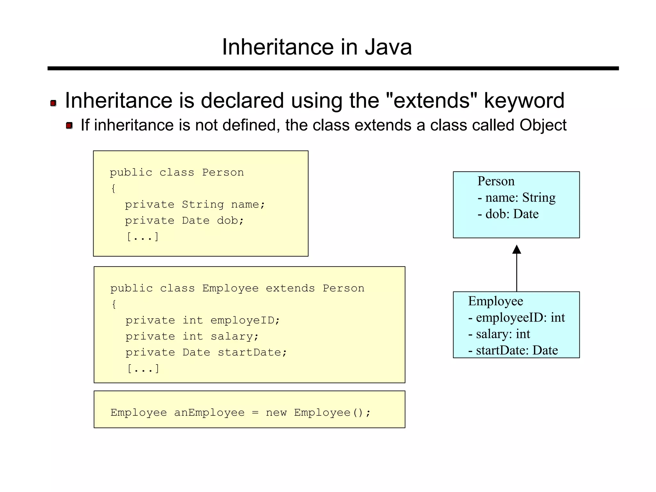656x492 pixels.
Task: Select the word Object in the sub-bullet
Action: pos(543,125)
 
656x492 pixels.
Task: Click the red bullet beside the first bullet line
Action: pos(53,103)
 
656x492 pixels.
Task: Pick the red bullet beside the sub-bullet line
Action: pos(69,125)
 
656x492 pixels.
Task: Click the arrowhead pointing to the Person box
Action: pos(516,250)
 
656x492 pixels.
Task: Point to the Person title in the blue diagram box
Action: pos(496,181)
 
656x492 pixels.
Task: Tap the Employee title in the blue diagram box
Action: pos(496,301)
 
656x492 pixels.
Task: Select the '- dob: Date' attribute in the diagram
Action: pos(508,214)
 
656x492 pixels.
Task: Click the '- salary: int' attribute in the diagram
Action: pos(499,334)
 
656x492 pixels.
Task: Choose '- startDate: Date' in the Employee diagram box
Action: pos(513,350)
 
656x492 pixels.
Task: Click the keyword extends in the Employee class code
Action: pos(290,288)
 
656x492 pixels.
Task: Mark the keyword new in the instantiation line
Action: pos(276,413)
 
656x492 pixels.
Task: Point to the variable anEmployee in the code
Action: pos(209,413)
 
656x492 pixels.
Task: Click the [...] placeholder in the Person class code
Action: pos(143,237)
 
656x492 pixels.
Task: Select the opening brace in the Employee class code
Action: pos(114,304)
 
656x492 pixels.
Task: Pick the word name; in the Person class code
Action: pos(248,204)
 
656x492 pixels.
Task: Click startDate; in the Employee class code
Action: pos(252,352)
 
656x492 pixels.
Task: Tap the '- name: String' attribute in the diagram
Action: pos(516,198)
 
